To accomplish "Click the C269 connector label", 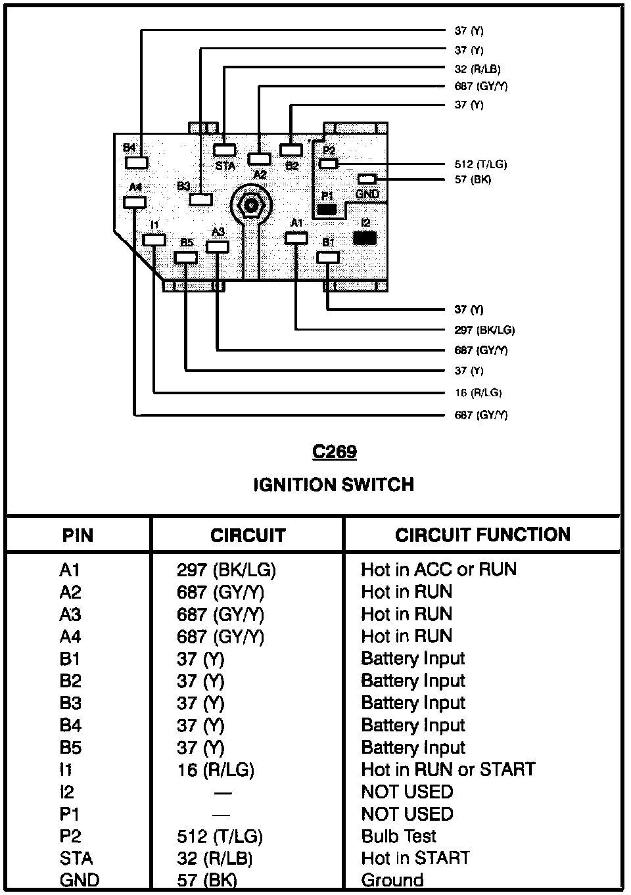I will point(334,452).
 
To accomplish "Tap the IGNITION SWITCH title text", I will point(333,485).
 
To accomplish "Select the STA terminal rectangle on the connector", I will point(225,150).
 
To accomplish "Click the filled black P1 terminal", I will point(327,210).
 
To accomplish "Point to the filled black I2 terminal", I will point(365,238).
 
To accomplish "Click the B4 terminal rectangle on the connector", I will point(137,162).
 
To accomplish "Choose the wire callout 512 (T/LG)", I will point(480,164).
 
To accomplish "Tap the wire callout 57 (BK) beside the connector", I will point(473,179).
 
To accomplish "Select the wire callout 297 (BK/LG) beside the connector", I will point(484,330).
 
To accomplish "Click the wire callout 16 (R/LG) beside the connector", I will point(478,392).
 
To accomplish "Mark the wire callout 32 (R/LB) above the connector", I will point(478,68).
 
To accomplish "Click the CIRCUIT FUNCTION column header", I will point(482,535).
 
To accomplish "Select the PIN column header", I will point(78,536).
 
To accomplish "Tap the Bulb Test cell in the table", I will point(399,836).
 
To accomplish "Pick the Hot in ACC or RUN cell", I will point(438,569).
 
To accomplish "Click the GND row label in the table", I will point(80,880).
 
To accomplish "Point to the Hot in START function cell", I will point(415,858).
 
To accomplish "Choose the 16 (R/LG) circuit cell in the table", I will point(216,769).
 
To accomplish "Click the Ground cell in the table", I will point(392,880).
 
